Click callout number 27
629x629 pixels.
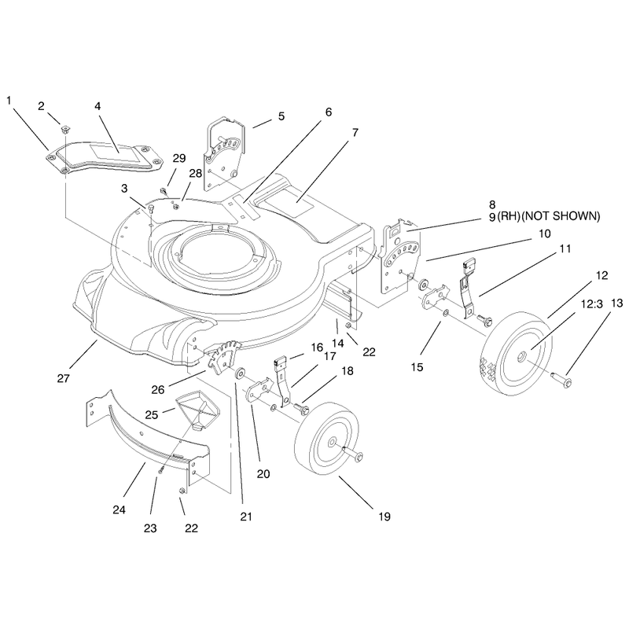click(64, 378)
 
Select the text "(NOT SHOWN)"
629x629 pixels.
click(561, 216)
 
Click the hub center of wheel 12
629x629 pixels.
click(522, 355)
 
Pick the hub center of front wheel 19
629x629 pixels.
click(332, 442)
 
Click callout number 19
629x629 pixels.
click(384, 517)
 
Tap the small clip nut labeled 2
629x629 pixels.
click(64, 130)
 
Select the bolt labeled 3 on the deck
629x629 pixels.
click(151, 208)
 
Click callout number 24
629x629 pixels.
click(120, 509)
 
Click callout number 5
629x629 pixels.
click(281, 116)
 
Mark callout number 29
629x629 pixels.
click(179, 158)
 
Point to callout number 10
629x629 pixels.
click(544, 234)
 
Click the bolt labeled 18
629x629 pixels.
click(302, 408)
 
